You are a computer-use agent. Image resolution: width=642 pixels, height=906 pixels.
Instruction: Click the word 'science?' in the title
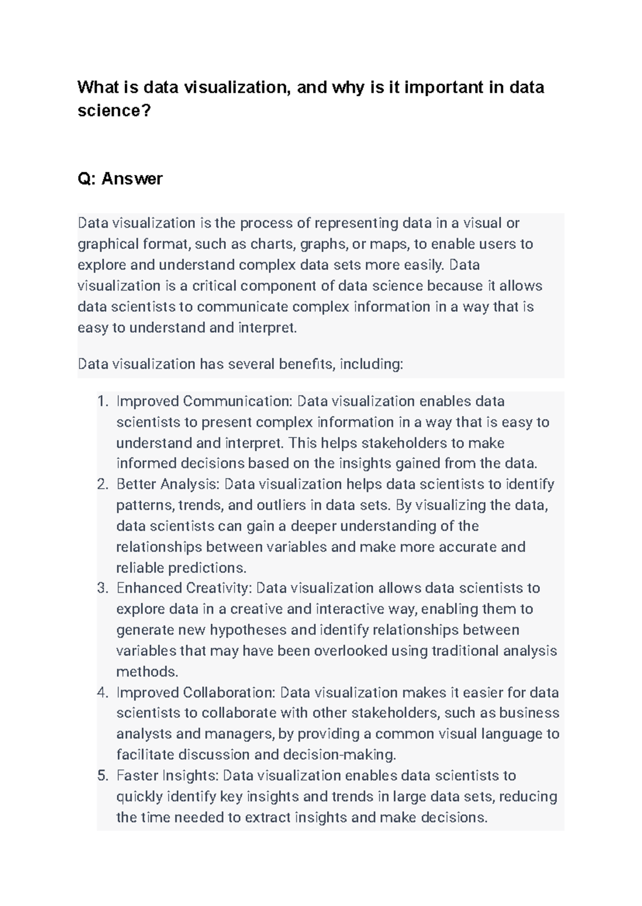click(114, 111)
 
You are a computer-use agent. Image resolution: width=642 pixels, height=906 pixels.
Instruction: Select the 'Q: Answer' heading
click(120, 179)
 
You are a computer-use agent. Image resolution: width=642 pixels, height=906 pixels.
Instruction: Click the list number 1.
click(103, 401)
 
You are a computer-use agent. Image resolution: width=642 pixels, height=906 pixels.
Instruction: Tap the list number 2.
click(103, 485)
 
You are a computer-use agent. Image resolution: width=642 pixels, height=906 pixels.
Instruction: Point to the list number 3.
click(103, 588)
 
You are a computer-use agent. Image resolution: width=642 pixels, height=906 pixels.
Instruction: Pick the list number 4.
click(103, 693)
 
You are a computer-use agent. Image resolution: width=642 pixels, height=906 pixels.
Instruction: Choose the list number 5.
click(103, 776)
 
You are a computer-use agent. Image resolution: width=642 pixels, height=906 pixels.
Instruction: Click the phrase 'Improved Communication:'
click(204, 401)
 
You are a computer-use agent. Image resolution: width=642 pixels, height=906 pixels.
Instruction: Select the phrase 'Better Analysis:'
click(168, 485)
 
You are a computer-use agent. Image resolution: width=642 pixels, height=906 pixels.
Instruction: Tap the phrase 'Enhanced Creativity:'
click(184, 588)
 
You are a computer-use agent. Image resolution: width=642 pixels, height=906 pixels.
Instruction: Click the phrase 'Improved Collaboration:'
click(196, 693)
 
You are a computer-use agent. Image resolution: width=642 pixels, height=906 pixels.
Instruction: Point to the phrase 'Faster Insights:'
click(167, 776)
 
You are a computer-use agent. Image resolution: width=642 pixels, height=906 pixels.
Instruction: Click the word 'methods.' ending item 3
click(147, 672)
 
